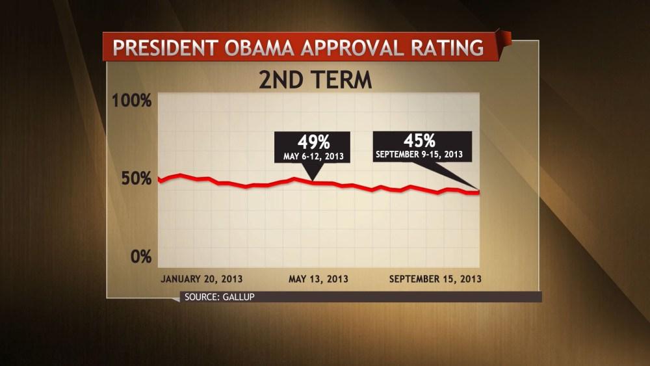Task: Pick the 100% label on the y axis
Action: click(x=132, y=101)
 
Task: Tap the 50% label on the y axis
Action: click(x=135, y=179)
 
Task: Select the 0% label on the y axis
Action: click(x=140, y=256)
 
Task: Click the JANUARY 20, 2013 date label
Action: click(x=201, y=279)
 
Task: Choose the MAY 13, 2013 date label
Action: click(x=318, y=279)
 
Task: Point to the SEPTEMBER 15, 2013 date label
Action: click(x=435, y=279)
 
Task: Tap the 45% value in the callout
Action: click(x=419, y=140)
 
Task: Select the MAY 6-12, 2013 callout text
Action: click(x=313, y=157)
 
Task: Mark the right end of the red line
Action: click(x=479, y=192)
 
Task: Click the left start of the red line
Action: click(x=159, y=178)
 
